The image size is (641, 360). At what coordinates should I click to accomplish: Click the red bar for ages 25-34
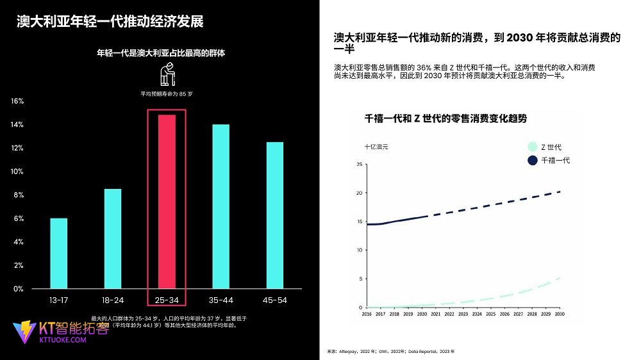coord(167,201)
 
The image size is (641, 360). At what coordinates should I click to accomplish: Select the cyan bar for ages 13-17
coord(58,253)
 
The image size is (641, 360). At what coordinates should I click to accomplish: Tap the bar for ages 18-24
coord(113,238)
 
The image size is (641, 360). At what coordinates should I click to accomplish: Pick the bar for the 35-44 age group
coord(221,206)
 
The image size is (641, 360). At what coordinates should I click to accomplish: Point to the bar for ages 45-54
coord(274,215)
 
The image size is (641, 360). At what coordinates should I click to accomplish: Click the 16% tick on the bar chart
coord(18,101)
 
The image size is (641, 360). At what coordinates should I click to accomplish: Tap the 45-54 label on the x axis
coord(274,300)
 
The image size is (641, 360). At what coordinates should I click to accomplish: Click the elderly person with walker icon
coord(167,74)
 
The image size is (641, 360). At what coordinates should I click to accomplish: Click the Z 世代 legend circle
coord(532,147)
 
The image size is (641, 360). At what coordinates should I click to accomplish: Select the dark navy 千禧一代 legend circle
coord(532,160)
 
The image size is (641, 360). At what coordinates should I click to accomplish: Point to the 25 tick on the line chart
coord(360,165)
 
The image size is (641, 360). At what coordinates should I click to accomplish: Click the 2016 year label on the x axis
coord(367,315)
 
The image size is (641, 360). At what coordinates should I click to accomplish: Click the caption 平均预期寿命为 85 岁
coord(167,94)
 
